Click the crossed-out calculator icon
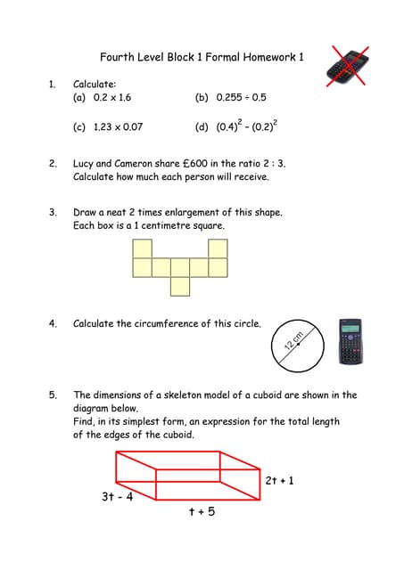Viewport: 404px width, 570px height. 348,67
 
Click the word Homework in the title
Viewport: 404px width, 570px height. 269,57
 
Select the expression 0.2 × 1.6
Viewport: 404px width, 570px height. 112,97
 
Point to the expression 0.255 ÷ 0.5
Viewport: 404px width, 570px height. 241,97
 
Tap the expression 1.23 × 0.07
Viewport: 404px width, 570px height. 118,126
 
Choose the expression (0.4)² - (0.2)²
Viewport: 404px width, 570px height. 247,126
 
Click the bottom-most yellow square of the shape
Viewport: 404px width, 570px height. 180,287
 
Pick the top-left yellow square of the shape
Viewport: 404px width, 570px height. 143,248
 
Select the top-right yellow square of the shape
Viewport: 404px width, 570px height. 218,248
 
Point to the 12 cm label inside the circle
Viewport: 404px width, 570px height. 293,341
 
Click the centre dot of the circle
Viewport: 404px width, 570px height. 298,344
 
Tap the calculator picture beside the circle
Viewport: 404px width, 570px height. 350,341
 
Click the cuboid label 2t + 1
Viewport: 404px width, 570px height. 279,481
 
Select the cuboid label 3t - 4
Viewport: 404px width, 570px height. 117,496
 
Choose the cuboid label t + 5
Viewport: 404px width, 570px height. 202,511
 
